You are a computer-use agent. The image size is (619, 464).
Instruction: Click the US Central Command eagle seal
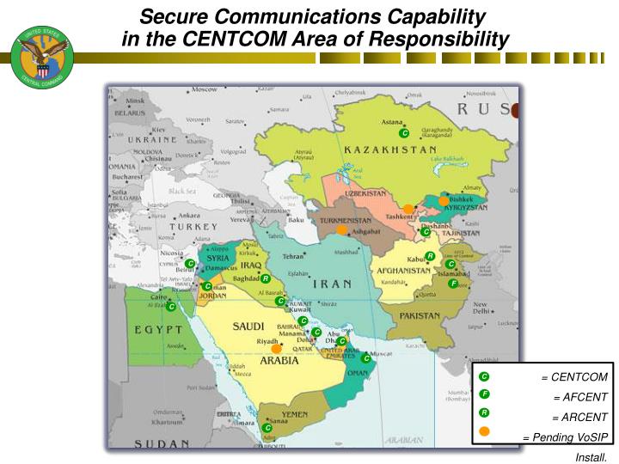[42, 56]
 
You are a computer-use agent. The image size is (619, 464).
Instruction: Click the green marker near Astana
[404, 133]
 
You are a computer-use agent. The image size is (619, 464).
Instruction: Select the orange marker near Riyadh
[277, 349]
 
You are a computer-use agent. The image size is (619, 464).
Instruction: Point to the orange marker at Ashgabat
[342, 229]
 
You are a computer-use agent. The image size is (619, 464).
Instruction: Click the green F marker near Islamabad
[453, 284]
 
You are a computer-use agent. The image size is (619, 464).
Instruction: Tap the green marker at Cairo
[171, 307]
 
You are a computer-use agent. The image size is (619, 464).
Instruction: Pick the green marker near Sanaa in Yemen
[267, 427]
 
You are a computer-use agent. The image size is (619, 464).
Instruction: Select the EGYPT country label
[157, 330]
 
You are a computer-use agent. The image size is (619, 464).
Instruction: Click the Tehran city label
[294, 256]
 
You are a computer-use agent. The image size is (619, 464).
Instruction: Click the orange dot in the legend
[485, 431]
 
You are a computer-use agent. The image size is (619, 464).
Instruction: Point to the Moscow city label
[205, 89]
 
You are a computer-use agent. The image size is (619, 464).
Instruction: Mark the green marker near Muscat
[367, 358]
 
